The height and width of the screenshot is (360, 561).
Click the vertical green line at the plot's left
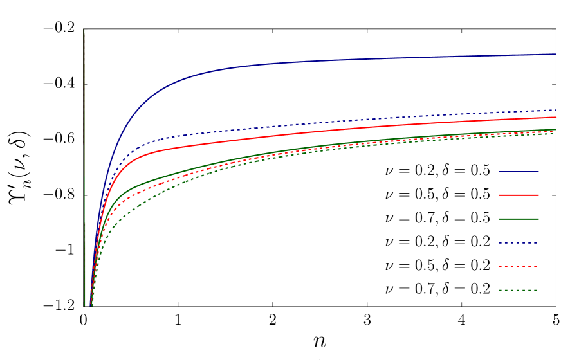pyautogui.click(x=84, y=129)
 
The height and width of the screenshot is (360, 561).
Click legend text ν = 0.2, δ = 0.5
pyautogui.click(x=437, y=171)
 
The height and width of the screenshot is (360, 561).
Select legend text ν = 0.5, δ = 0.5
pyautogui.click(x=437, y=194)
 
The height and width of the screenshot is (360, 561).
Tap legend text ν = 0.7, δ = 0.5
pyautogui.click(x=437, y=218)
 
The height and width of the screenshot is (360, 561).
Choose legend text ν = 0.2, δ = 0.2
pyautogui.click(x=437, y=242)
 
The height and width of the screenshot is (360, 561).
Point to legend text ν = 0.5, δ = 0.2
pyautogui.click(x=437, y=265)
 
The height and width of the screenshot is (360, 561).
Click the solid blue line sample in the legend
pyautogui.click(x=518, y=172)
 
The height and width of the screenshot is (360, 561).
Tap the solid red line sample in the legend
pyautogui.click(x=518, y=195)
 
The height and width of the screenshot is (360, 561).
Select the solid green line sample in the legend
pyautogui.click(x=518, y=219)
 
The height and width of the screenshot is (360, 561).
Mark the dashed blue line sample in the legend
pyautogui.click(x=518, y=242)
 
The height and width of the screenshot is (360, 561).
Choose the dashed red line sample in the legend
pyautogui.click(x=518, y=266)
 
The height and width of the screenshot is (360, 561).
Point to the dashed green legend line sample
pyautogui.click(x=518, y=290)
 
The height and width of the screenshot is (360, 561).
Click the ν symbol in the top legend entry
pyautogui.click(x=389, y=172)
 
